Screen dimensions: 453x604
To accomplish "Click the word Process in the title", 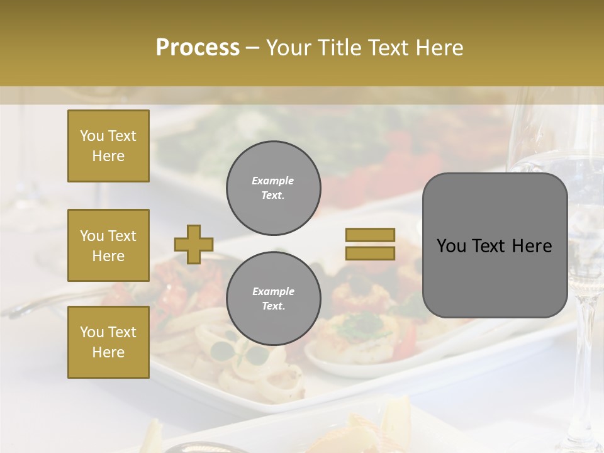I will pos(198,48).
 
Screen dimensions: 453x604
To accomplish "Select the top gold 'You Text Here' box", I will pos(108,146).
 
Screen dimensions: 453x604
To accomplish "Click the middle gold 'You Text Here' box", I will pos(108,245).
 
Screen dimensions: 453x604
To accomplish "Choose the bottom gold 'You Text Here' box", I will pos(108,342).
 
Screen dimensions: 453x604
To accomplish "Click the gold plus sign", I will pos(193,244).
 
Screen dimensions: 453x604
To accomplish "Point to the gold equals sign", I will pos(370,244).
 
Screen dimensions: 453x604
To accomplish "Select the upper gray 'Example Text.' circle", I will pos(273,187).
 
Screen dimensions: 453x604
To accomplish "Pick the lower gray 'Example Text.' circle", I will pos(273,298).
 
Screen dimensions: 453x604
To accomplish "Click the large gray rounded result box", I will pos(495,245).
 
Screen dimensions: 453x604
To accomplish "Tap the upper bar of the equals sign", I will pos(370,235).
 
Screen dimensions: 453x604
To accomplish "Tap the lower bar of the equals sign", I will pos(370,253).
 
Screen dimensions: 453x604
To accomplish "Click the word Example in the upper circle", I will pos(273,181).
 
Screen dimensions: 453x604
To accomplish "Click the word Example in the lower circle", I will pos(273,291).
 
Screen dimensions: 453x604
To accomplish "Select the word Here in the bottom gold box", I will pos(108,352).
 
